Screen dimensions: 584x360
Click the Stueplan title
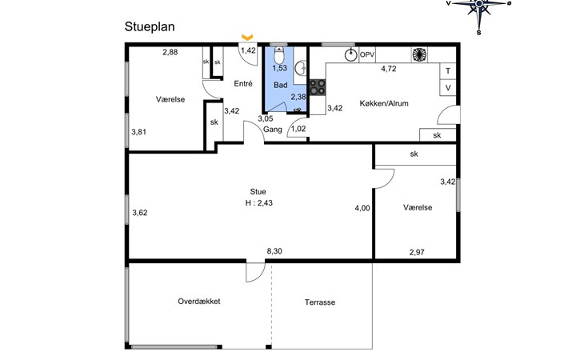(x=150, y=27)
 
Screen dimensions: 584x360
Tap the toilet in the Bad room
(x=279, y=55)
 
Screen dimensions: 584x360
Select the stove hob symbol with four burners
(x=318, y=87)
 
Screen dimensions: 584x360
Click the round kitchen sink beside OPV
(x=350, y=55)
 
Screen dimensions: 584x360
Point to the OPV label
(x=367, y=55)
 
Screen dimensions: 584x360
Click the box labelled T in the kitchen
(x=448, y=70)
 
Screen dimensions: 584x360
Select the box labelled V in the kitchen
(x=448, y=88)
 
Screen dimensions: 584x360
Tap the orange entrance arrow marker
(x=247, y=37)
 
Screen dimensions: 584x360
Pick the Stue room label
(x=258, y=192)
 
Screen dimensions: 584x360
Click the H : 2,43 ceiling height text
(x=259, y=203)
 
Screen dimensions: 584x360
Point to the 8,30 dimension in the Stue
(x=274, y=251)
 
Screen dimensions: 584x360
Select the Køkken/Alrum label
(x=384, y=103)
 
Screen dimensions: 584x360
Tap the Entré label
(x=243, y=84)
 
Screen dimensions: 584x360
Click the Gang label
(x=273, y=130)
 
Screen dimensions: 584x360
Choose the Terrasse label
(x=320, y=302)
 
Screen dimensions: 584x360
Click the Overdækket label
(x=199, y=302)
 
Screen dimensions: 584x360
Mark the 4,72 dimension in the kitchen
(x=389, y=69)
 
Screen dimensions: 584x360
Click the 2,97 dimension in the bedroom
(x=417, y=253)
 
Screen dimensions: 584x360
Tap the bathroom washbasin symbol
(x=301, y=69)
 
